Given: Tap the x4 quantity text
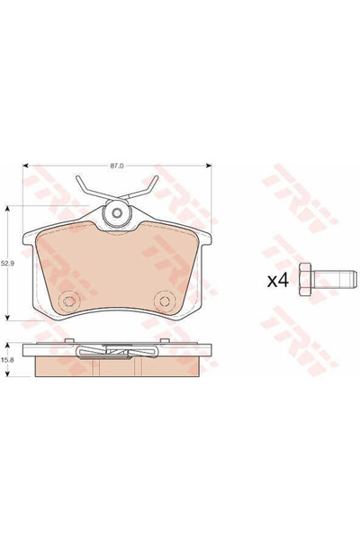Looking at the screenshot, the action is (x=278, y=281).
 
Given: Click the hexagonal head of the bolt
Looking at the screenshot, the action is (x=305, y=279).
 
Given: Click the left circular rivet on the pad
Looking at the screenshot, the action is (x=69, y=301).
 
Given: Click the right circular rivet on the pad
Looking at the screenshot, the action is (x=165, y=301).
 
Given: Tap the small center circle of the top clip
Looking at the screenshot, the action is (x=118, y=212).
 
